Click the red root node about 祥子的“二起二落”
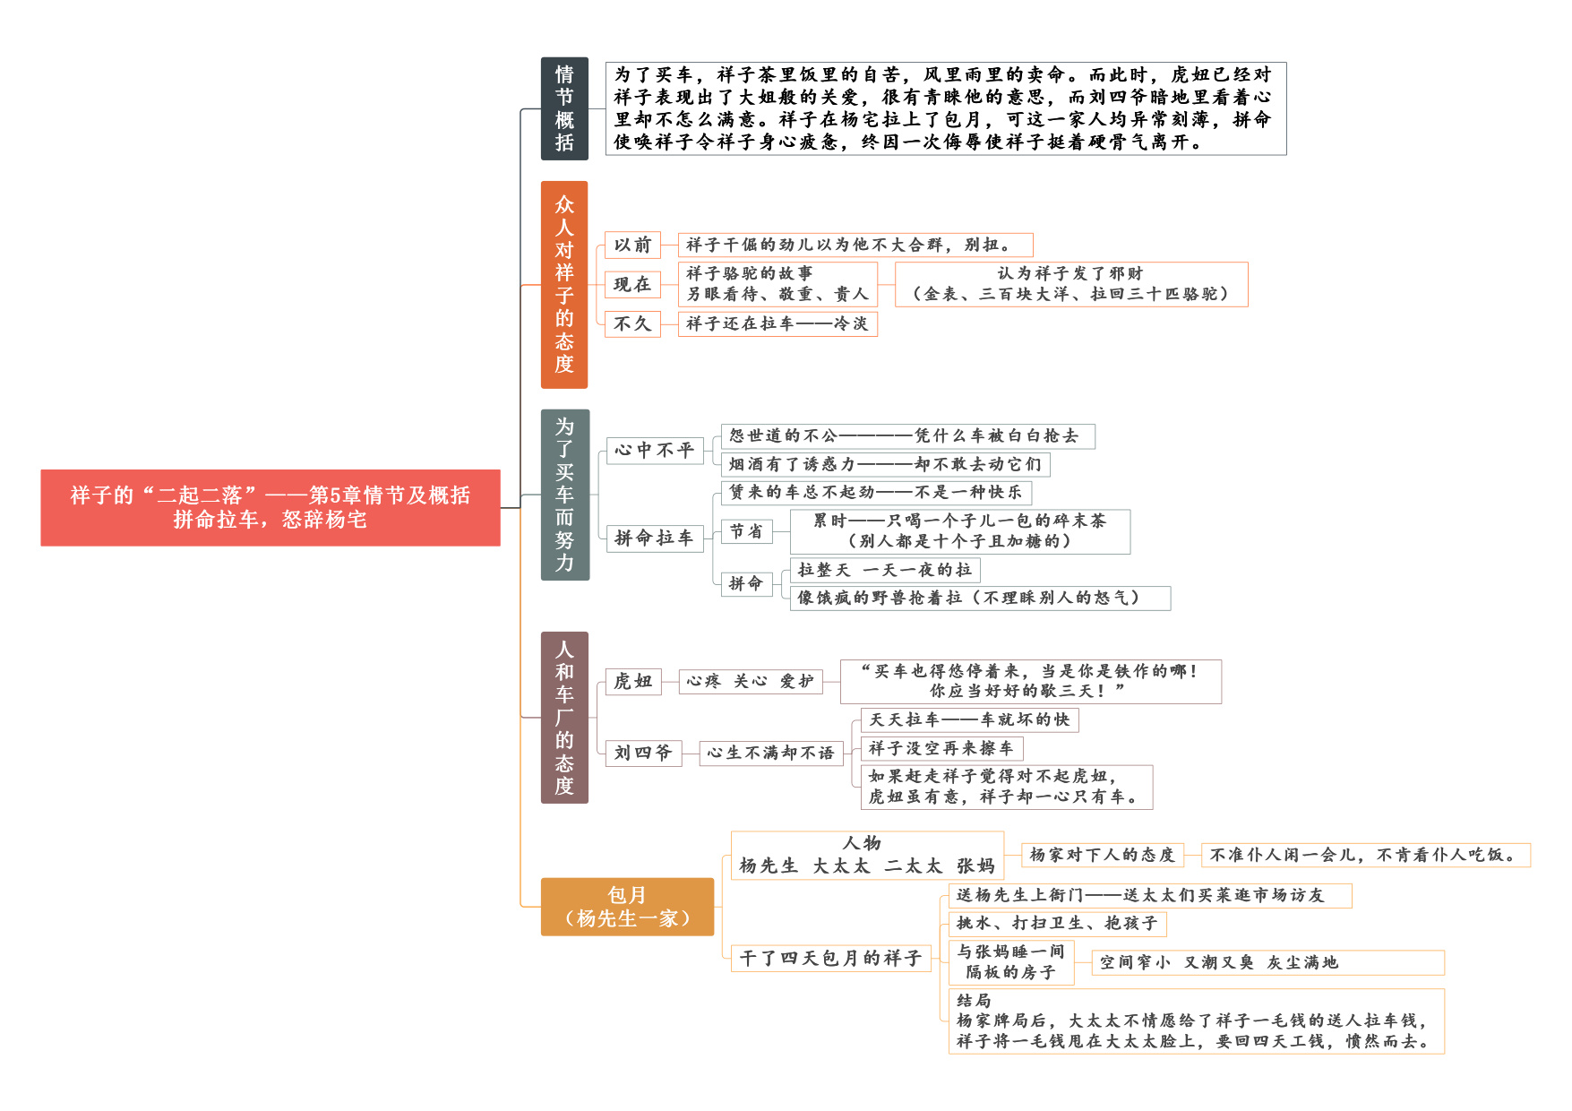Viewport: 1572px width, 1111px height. tap(270, 507)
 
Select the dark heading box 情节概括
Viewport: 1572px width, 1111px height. tap(564, 108)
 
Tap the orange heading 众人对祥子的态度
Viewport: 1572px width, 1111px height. tap(564, 285)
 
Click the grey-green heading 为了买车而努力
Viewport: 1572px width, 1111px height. tap(564, 495)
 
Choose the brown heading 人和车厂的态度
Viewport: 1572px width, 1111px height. tap(564, 718)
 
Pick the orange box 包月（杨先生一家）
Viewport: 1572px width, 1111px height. tap(627, 907)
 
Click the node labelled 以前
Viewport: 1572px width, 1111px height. tap(632, 245)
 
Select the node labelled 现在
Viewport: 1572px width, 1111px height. tap(632, 284)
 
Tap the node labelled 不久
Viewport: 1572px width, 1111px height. tap(632, 323)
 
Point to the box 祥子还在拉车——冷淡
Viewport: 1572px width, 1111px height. tap(777, 323)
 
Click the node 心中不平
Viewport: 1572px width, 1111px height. tap(654, 450)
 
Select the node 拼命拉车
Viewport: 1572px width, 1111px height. tap(654, 538)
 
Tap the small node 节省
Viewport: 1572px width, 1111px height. tap(746, 531)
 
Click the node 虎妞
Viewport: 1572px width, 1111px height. tap(633, 681)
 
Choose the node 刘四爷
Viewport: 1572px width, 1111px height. tap(643, 753)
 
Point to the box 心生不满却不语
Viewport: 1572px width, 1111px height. tap(770, 753)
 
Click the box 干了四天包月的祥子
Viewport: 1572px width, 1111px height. tap(831, 958)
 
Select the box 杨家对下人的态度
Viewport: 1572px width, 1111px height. tap(1103, 855)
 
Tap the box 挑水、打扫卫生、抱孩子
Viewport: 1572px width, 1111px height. tap(1057, 923)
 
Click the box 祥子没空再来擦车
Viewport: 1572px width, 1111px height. tap(941, 748)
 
